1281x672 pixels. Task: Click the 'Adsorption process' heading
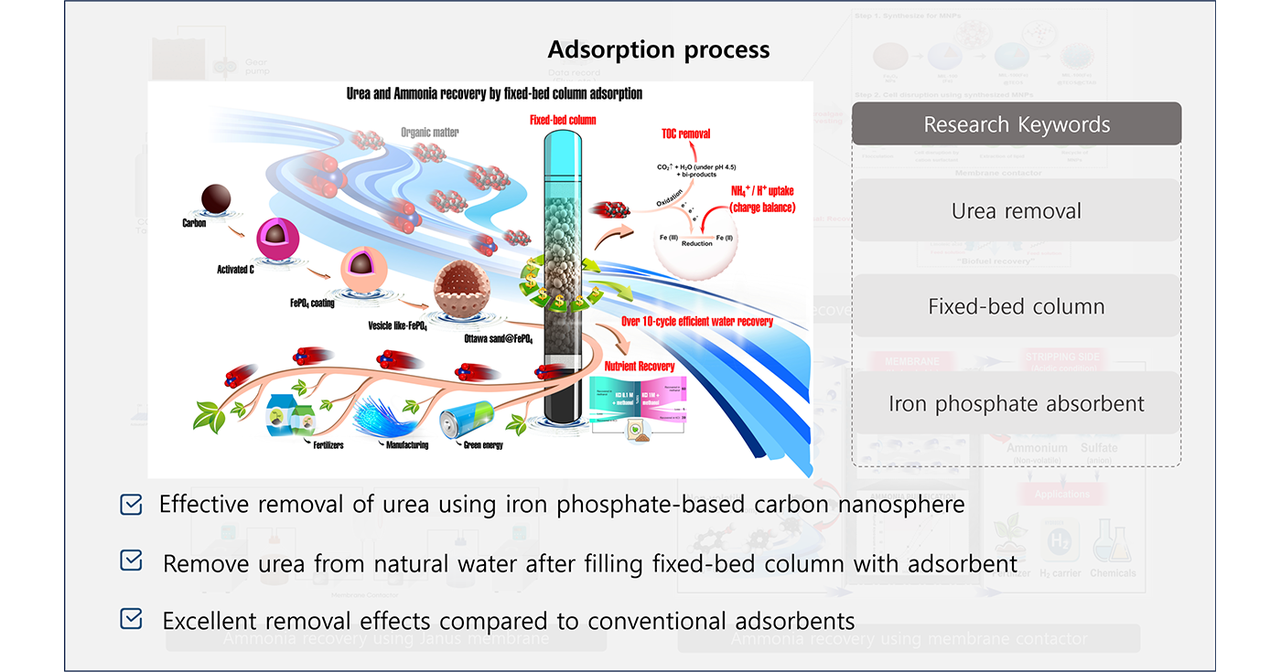coord(659,49)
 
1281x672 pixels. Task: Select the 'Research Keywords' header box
coord(1017,124)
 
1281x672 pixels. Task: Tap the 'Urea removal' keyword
coord(1017,211)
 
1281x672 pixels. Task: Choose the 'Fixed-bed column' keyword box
coord(1017,306)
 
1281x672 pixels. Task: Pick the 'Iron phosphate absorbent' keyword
coord(1017,403)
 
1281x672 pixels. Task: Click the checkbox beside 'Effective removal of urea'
coord(131,505)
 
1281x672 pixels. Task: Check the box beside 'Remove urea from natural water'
coord(131,562)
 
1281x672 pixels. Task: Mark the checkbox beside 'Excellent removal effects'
coord(131,620)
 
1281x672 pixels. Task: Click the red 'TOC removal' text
coord(685,133)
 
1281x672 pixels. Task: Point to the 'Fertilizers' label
coord(325,445)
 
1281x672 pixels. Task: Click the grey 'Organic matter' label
coord(430,133)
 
